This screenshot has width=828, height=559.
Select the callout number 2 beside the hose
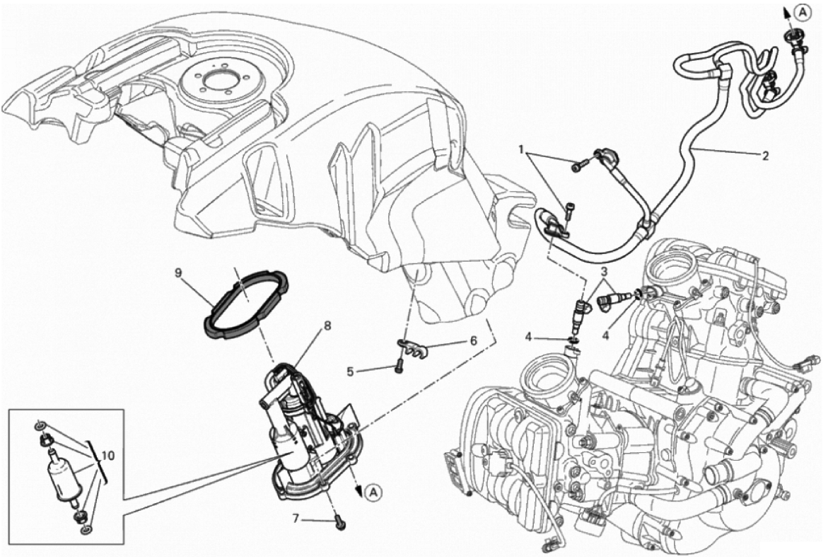coord(766,157)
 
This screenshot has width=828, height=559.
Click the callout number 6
coord(473,340)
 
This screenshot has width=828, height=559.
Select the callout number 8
coord(327,327)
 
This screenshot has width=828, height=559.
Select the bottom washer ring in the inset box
coord(85,529)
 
